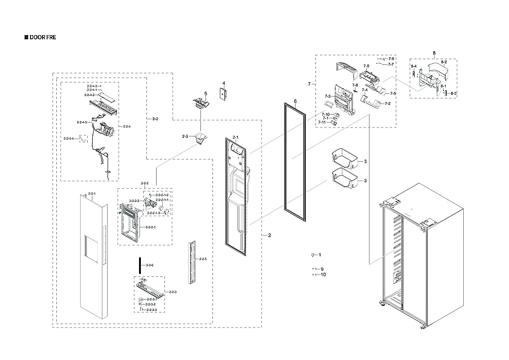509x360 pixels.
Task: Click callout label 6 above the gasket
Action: (295, 101)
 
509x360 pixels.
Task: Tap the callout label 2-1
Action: (235, 137)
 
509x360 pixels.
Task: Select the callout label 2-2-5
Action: (203, 259)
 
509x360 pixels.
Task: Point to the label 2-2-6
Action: (149, 265)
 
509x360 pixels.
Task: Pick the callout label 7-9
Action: (366, 66)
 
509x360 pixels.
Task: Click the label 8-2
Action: (443, 62)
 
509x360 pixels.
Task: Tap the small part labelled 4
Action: (223, 94)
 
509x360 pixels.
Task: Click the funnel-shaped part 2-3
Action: (200, 138)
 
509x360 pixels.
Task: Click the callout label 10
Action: (323, 275)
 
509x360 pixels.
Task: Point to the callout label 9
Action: (322, 269)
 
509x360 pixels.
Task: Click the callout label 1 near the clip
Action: (320, 255)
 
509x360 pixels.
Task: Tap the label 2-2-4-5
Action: (82, 122)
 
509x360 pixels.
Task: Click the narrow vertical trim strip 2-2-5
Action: (192, 262)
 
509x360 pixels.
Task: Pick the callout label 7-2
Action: (387, 103)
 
